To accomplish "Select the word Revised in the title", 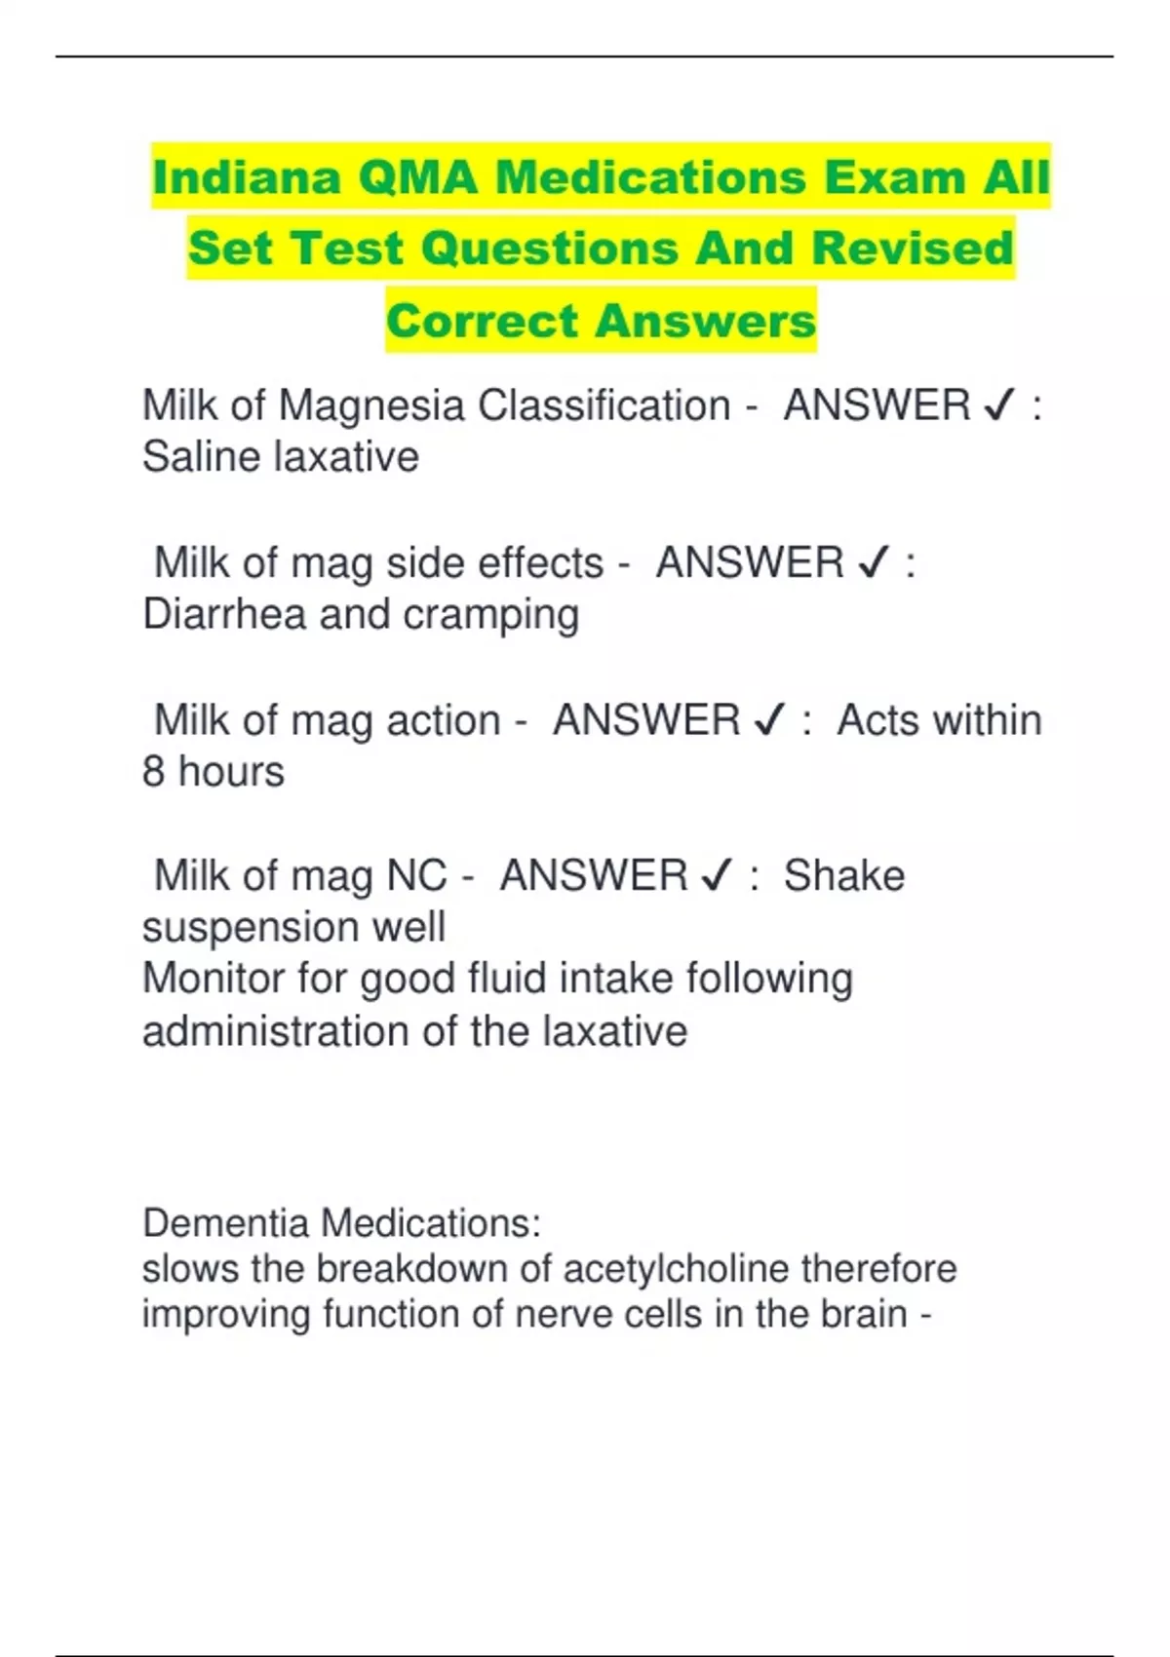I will (913, 248).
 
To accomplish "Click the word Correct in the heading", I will (483, 321).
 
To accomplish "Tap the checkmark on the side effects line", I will (875, 564).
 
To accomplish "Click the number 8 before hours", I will (154, 772).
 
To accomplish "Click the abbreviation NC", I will (416, 876).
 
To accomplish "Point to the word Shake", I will (844, 876).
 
